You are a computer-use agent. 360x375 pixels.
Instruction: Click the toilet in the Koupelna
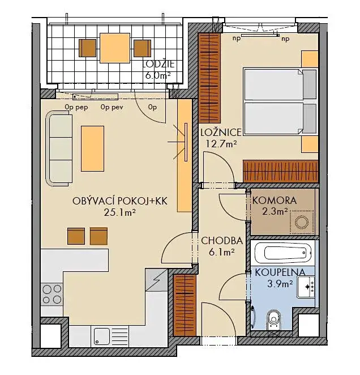[274, 320]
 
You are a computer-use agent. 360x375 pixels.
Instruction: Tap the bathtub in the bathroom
[284, 253]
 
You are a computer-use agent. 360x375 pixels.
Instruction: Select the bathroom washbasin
[306, 287]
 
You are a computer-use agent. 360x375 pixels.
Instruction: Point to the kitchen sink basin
[102, 336]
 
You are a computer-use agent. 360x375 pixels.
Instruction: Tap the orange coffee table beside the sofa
[92, 149]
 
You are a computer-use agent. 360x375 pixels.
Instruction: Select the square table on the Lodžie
[115, 48]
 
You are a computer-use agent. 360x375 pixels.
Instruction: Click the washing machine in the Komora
[302, 222]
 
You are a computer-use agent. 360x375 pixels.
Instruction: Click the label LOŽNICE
[221, 132]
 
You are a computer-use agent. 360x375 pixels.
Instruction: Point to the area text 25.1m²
[120, 212]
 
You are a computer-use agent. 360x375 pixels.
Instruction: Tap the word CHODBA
[222, 241]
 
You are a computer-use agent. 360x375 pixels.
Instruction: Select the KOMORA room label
[275, 201]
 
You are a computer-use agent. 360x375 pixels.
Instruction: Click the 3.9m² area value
[280, 284]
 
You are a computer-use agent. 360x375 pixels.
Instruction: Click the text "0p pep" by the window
[76, 108]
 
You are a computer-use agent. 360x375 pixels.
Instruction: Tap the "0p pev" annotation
[112, 108]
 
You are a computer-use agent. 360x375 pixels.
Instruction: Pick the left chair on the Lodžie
[88, 48]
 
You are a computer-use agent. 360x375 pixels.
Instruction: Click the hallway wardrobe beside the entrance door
[185, 305]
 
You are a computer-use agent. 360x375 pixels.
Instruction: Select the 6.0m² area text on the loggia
[158, 75]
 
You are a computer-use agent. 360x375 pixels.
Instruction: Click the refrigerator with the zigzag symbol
[156, 280]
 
